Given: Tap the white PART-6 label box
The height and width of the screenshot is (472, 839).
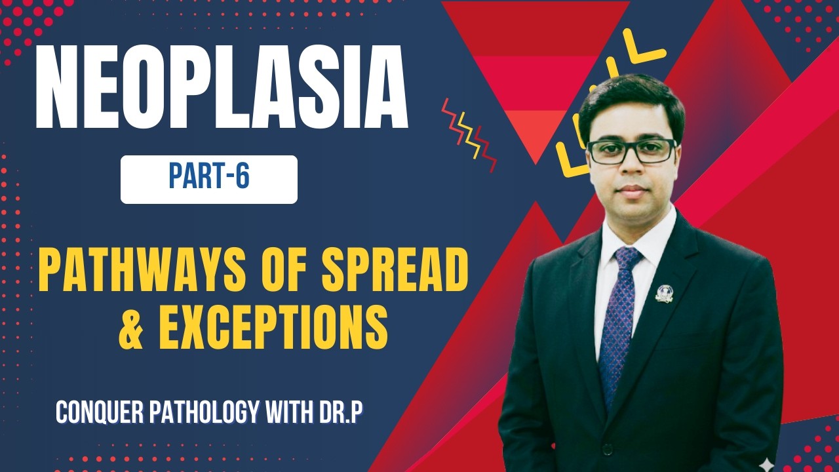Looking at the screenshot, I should coord(208,179).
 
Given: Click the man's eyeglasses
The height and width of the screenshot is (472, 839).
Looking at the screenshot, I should coord(631,151).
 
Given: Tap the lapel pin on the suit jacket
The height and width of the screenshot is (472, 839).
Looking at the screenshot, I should coord(664,293).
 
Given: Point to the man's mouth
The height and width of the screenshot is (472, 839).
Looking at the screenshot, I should coord(631,191).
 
